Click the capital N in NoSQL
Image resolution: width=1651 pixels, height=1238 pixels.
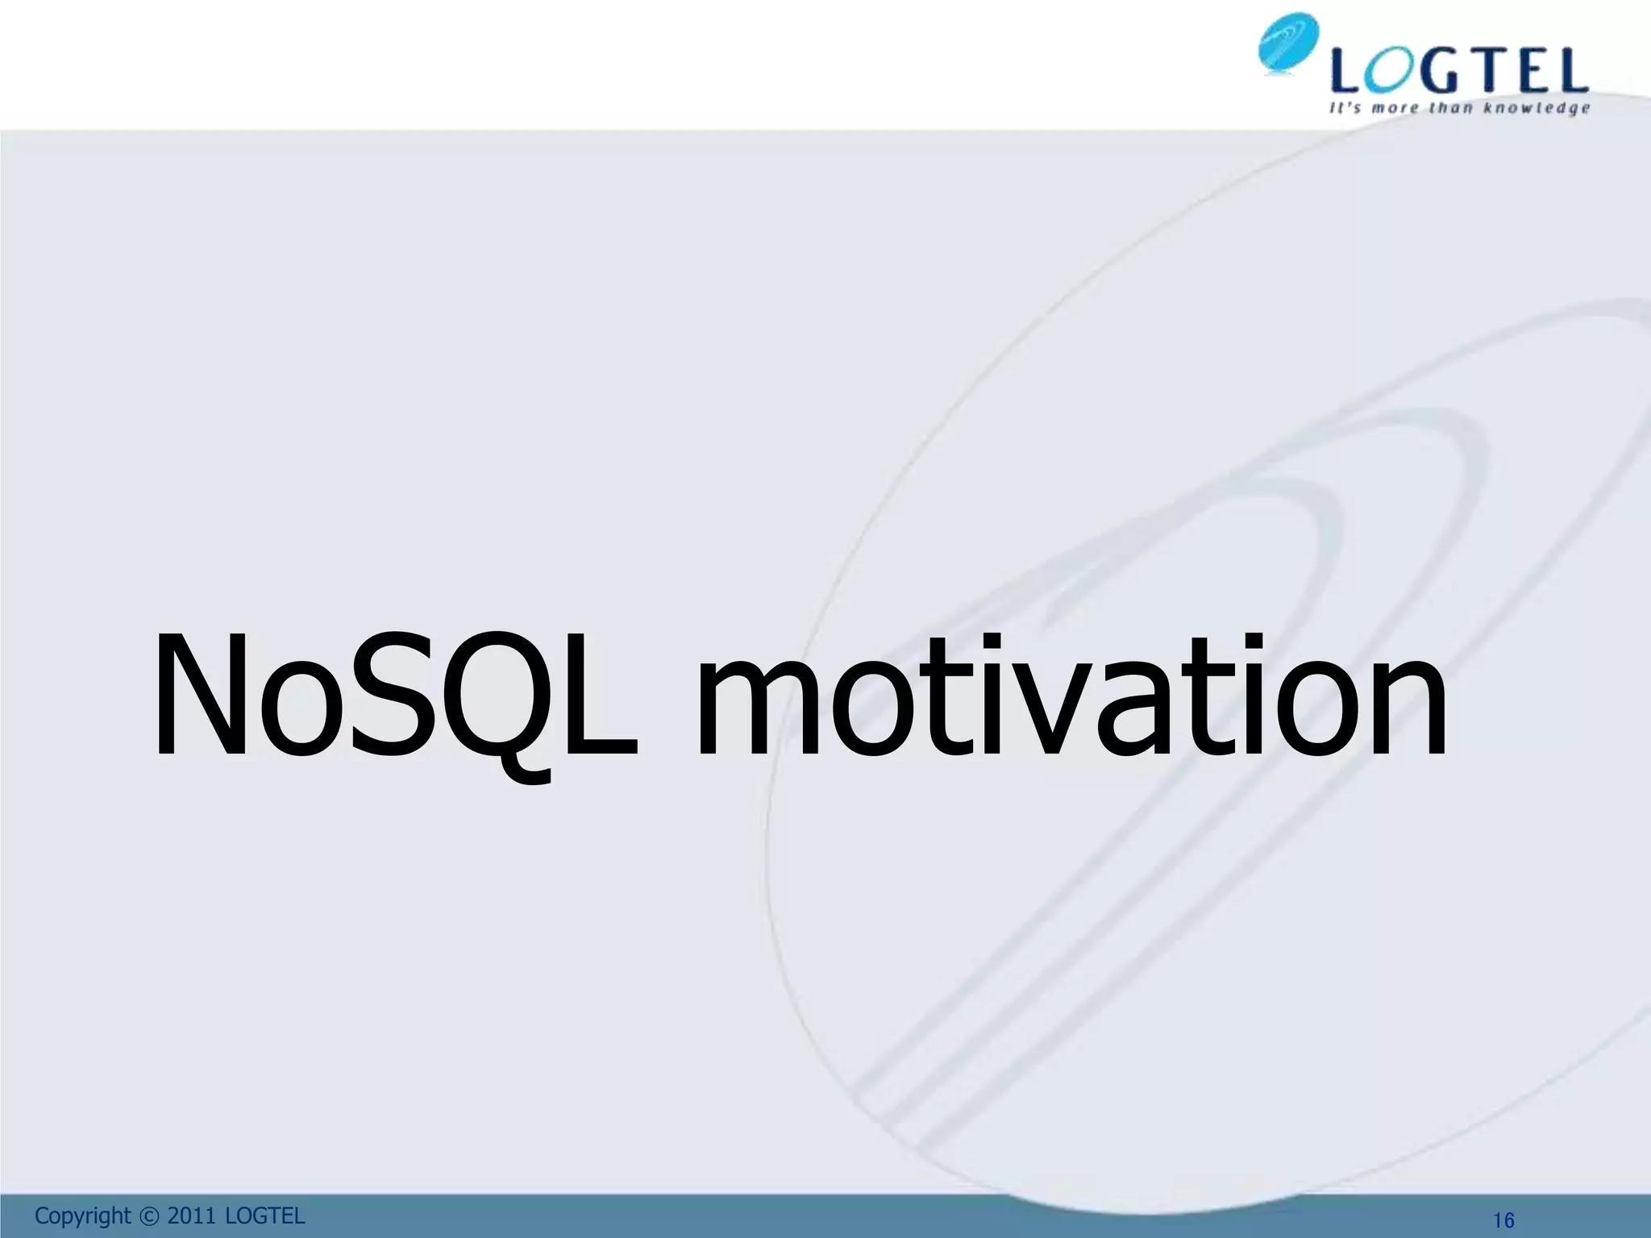point(201,696)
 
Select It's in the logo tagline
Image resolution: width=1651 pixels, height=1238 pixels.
point(1345,108)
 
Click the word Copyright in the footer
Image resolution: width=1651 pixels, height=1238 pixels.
point(82,1216)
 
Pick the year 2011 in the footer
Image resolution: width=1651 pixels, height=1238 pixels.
point(191,1216)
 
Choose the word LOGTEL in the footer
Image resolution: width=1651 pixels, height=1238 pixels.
point(265,1216)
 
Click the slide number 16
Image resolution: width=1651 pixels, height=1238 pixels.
point(1503,1221)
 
